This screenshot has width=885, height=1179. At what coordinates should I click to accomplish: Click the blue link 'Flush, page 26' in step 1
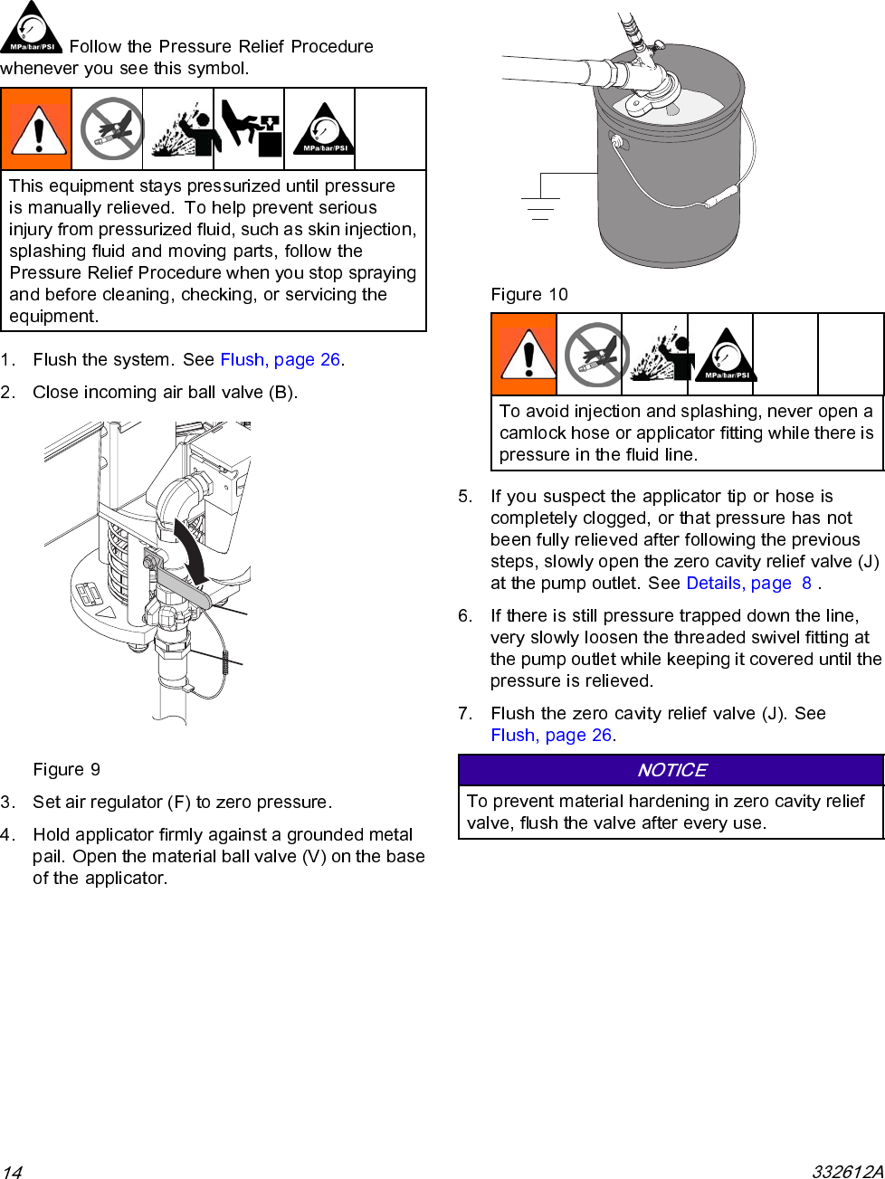281,360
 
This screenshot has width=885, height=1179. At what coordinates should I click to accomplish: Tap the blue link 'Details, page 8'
748,584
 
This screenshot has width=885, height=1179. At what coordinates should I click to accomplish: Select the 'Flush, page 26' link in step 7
551,736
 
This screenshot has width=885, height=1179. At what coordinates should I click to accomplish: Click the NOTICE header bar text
671,770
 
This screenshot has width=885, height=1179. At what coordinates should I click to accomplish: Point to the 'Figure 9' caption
66,770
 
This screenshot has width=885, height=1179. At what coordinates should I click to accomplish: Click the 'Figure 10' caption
529,295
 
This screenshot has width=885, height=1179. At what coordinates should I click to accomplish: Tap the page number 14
11,1172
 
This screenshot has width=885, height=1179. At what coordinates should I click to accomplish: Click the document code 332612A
847,1172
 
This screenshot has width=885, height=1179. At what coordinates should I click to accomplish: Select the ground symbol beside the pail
540,209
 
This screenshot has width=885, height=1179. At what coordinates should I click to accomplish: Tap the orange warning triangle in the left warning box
37,129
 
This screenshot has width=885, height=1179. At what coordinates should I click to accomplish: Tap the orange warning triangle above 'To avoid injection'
525,355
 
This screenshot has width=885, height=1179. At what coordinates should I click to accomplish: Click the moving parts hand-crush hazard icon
250,128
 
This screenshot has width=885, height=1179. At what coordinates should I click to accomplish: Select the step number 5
464,497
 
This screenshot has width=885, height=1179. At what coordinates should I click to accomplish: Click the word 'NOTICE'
671,770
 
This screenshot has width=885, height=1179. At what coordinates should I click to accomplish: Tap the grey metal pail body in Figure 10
670,181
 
